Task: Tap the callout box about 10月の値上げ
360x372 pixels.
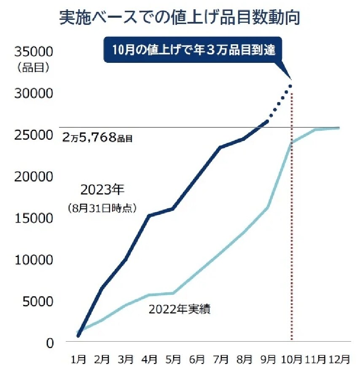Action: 193,50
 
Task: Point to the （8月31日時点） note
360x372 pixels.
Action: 102,208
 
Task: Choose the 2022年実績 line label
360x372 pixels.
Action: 180,310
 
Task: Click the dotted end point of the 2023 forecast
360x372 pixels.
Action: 290,86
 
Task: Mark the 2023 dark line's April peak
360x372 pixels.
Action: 149,216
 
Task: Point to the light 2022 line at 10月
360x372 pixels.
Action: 291,143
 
